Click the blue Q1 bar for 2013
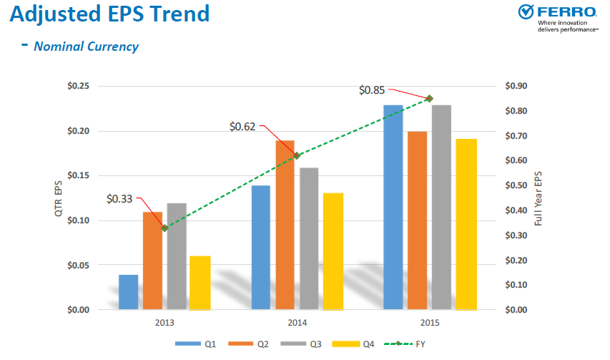click(129, 292)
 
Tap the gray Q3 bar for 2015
click(441, 208)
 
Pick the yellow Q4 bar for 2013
click(200, 283)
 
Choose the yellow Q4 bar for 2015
click(466, 224)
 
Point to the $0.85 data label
click(372, 90)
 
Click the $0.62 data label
click(243, 127)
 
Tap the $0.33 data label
click(119, 198)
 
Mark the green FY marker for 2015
click(430, 98)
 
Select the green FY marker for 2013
click(165, 228)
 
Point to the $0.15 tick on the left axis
click(77, 176)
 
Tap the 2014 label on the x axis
click(297, 323)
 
